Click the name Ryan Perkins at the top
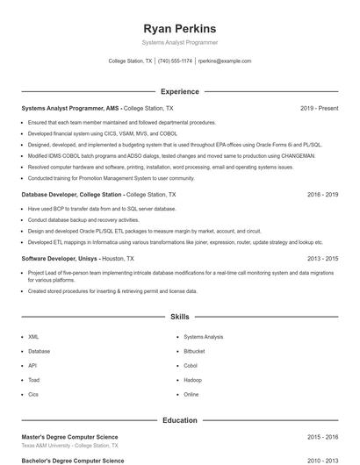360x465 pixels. coord(179,27)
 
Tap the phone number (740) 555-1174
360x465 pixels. coord(176,61)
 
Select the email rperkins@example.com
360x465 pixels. coord(225,61)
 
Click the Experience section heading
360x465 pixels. coord(179,91)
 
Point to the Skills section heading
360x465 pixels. coord(179,316)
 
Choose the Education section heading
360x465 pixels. coord(179,420)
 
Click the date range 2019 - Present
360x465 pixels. coord(319,108)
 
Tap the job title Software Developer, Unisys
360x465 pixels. coord(61,259)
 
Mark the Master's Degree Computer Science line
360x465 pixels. coord(69,437)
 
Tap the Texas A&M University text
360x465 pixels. coord(47,446)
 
